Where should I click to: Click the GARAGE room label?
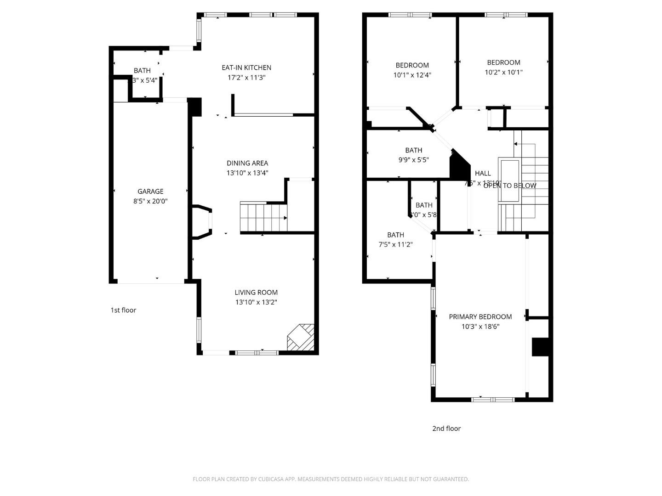click(150, 191)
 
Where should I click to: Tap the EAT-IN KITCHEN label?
click(246, 68)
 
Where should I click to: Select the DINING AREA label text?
click(247, 163)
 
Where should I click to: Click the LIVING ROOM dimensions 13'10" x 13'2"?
click(256, 302)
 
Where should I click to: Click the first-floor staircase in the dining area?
click(263, 217)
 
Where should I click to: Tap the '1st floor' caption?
click(123, 310)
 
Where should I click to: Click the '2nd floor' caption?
click(446, 428)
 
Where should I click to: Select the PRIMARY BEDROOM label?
click(480, 316)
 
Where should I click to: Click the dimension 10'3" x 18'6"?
click(480, 327)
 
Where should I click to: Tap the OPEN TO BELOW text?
click(510, 186)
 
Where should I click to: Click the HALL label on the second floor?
click(483, 173)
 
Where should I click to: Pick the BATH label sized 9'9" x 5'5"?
click(413, 150)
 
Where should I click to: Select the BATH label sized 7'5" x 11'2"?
click(395, 235)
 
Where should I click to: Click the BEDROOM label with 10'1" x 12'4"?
click(412, 65)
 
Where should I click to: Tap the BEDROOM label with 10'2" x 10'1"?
click(503, 62)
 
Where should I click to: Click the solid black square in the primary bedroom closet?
click(540, 347)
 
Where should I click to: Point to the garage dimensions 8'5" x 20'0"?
click(150, 201)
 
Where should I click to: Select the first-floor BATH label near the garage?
click(142, 70)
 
